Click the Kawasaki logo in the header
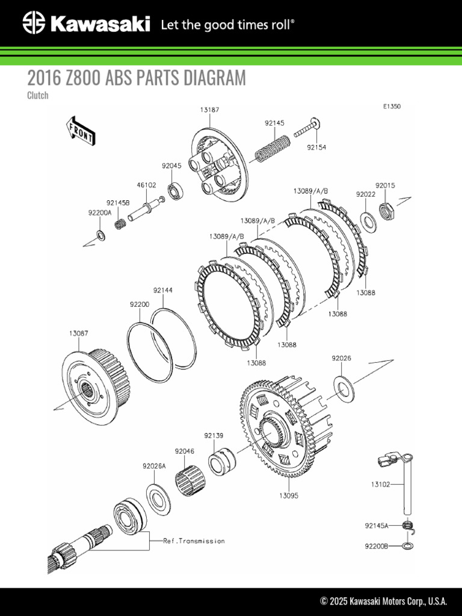tap(85, 24)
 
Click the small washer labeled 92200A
tap(100, 235)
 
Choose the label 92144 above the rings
tap(162, 290)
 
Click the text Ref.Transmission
tap(194, 541)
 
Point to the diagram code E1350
tap(392, 106)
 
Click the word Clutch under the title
tap(38, 95)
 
